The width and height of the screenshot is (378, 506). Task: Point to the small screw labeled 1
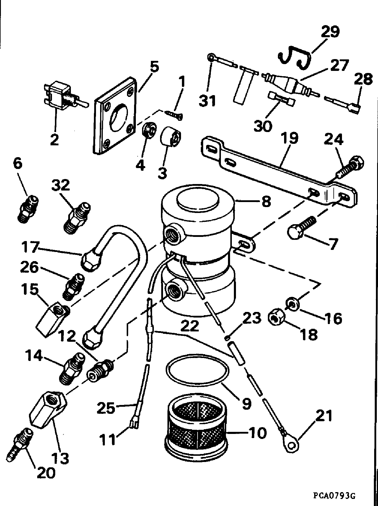[x=174, y=115]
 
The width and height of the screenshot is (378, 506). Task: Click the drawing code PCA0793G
[x=334, y=495]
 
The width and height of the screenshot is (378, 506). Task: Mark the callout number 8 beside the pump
[x=266, y=201]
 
